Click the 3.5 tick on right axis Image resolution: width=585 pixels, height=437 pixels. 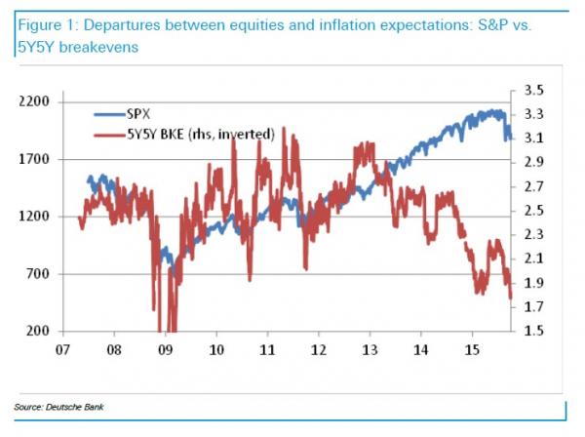coord(533,90)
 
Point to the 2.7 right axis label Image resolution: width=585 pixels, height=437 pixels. coord(533,185)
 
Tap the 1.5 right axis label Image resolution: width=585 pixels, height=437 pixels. coord(533,332)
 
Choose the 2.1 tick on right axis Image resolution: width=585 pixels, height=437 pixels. coord(533,258)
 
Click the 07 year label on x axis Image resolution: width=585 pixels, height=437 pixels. coord(63,348)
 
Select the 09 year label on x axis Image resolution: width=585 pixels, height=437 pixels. coord(165,348)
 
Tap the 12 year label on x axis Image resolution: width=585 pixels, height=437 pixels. coord(317,348)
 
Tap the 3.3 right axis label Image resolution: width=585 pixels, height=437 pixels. coord(533,114)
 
